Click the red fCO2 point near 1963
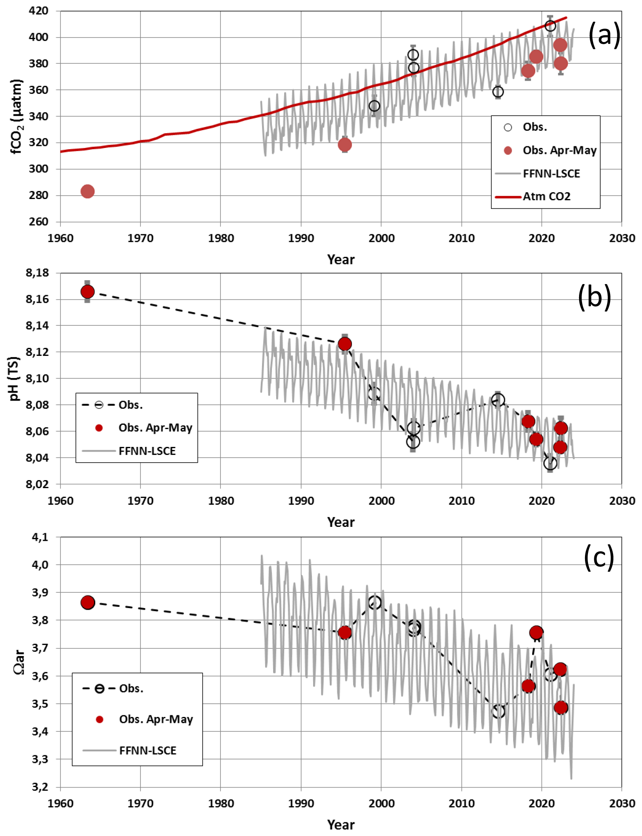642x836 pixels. pyautogui.click(x=87, y=191)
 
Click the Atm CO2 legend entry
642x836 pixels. pyautogui.click(x=546, y=196)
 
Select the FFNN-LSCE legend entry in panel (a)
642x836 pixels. pyautogui.click(x=551, y=173)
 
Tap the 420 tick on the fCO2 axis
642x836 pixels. pyautogui.click(x=39, y=11)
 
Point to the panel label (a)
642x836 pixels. pyautogui.click(x=604, y=35)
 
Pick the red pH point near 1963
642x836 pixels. pyautogui.click(x=87, y=292)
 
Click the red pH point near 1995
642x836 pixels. pyautogui.click(x=345, y=344)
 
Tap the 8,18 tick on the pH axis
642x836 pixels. pyautogui.click(x=37, y=273)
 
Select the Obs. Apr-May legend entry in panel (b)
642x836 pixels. pyautogui.click(x=155, y=428)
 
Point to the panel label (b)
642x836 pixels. pyautogui.click(x=594, y=297)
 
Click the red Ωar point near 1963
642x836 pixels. pyautogui.click(x=88, y=603)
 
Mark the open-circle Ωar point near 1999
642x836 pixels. pyautogui.click(x=374, y=603)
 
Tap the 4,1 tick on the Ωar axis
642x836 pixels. pyautogui.click(x=40, y=537)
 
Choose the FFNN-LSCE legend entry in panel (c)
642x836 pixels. pyautogui.click(x=147, y=751)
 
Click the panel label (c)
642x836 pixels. pyautogui.click(x=599, y=558)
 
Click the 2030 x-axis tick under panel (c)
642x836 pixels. pyautogui.click(x=622, y=804)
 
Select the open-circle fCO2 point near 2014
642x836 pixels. pyautogui.click(x=498, y=92)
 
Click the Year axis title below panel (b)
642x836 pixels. pyautogui.click(x=341, y=522)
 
